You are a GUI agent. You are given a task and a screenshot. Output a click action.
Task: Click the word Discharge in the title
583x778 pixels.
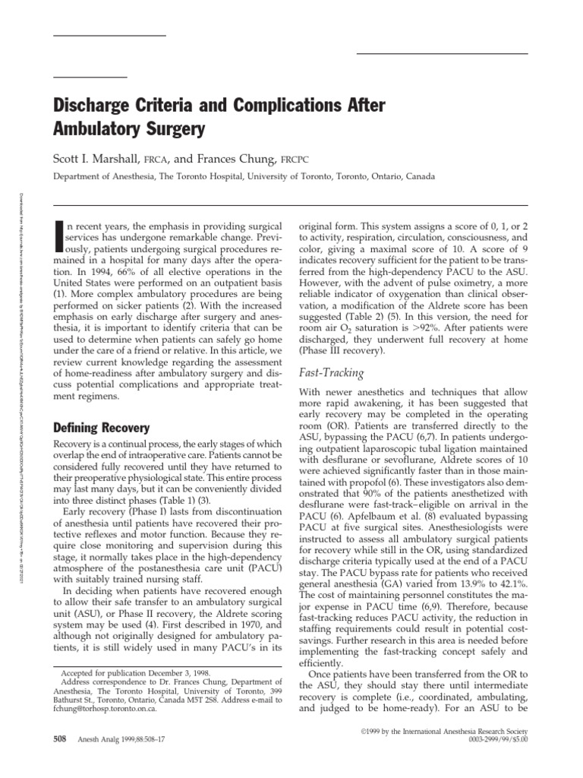(94, 106)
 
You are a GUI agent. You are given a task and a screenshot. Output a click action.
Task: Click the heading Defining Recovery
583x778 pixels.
(100, 428)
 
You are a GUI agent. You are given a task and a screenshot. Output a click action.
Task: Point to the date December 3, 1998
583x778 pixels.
(167, 673)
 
